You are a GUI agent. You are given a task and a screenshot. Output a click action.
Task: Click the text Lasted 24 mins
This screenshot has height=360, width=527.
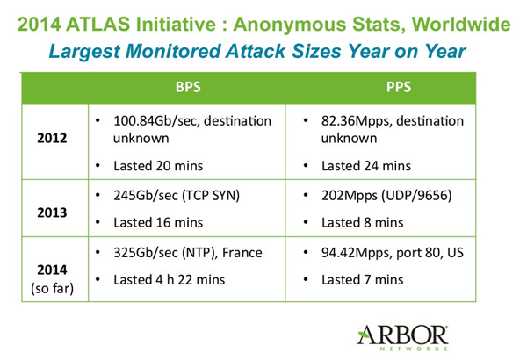click(x=366, y=165)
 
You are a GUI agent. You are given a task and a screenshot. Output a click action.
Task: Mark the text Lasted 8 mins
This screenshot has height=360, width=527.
click(x=363, y=224)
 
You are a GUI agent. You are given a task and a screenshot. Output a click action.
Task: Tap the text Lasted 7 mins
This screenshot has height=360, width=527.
click(x=363, y=280)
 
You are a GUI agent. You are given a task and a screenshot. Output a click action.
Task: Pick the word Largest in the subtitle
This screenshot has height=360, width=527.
click(x=88, y=52)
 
